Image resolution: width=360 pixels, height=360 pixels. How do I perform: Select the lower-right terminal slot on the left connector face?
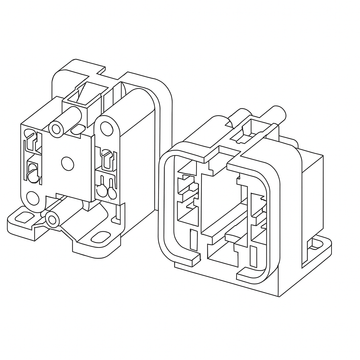point(103,183)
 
